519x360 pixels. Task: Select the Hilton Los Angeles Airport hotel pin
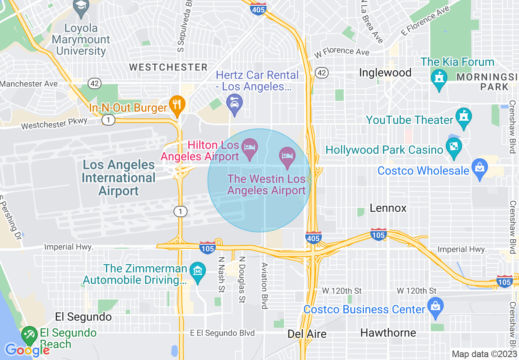coord(250,147)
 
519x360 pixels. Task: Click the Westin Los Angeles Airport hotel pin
coord(287,156)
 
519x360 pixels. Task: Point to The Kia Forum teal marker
coord(439,77)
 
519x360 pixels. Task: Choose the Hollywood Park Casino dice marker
coord(454,146)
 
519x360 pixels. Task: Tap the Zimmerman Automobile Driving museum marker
coord(199,271)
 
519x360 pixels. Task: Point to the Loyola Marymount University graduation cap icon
coord(81,6)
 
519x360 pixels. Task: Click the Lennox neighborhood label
coord(388,208)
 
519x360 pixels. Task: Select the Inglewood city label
coord(385,73)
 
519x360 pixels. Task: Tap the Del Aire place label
coord(307,334)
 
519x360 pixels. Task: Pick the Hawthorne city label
coord(388,333)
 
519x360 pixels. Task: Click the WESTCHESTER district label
coord(169,67)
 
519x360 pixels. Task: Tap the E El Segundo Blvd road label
coord(222,333)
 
